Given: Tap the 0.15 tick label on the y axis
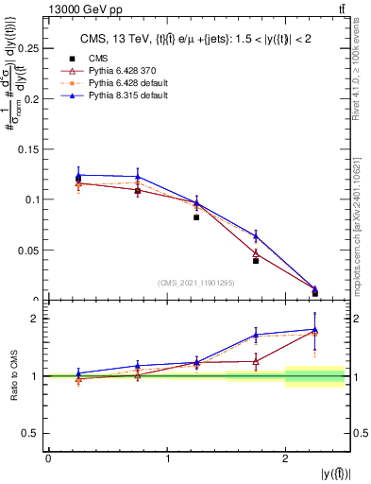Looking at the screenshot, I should (x=31, y=148).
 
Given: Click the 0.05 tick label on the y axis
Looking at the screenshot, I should (x=31, y=251).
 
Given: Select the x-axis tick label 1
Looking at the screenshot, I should (x=167, y=458).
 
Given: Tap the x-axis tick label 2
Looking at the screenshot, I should (x=286, y=458).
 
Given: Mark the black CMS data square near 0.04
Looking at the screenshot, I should (x=256, y=260).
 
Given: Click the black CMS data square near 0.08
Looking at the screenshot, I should (x=196, y=217).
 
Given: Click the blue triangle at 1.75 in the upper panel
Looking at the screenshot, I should (x=256, y=236).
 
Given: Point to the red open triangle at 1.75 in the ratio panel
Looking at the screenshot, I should (x=256, y=361).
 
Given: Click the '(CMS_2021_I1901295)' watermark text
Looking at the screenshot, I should (x=196, y=284).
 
